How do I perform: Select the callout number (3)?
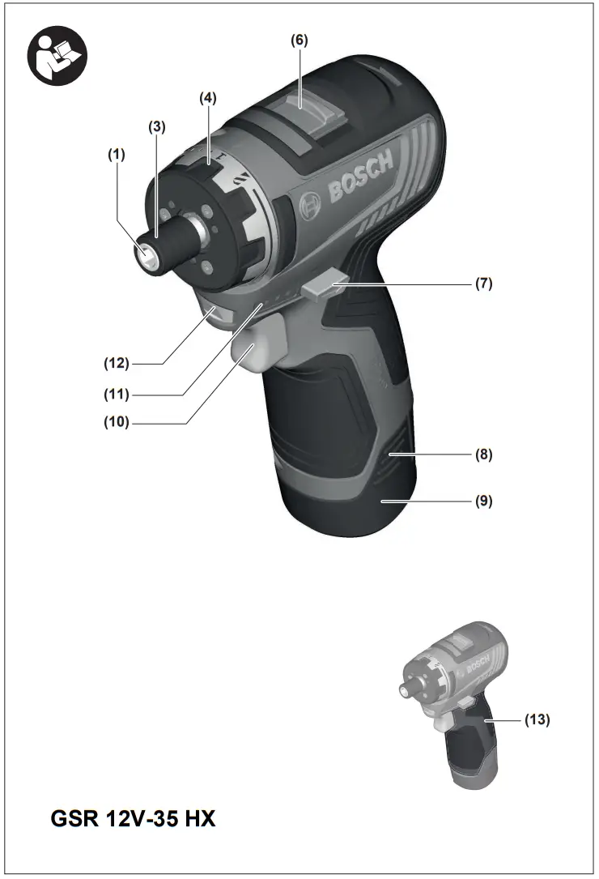coord(156,126)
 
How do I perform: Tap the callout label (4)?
coord(208,98)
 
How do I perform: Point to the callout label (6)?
coord(299,40)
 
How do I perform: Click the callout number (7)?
coord(483,284)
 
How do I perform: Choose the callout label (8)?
coord(483,454)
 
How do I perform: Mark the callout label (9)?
coord(483,501)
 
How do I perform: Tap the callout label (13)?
coord(537,719)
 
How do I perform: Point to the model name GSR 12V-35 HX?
coord(134,818)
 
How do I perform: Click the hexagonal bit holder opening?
coord(147,256)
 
